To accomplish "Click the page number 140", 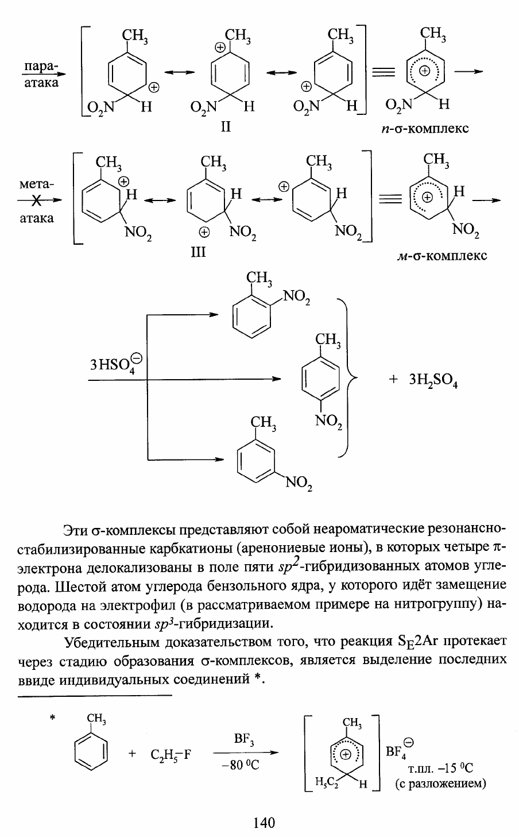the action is click(264, 823).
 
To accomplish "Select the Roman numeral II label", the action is click(226, 127).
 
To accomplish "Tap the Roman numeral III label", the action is click(198, 252).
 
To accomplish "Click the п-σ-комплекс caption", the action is click(424, 129).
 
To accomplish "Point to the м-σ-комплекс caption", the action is click(441, 256).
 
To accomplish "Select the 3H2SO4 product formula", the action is click(433, 380).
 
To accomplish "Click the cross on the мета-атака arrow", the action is click(37, 201).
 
